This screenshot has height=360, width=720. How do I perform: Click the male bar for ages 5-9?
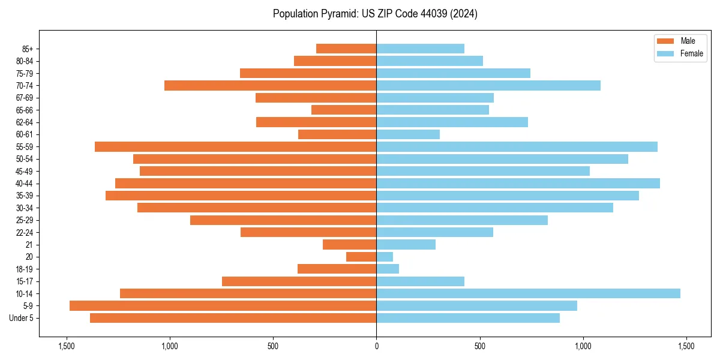tap(223, 306)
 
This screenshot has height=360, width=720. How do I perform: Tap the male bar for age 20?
tap(361, 257)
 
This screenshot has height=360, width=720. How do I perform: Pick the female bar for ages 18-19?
tap(388, 269)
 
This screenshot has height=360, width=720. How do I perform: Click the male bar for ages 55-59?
tap(235, 146)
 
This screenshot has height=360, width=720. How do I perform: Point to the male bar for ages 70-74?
tap(270, 85)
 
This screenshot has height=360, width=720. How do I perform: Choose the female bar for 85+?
tap(420, 49)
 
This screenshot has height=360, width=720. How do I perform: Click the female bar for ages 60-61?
tap(408, 134)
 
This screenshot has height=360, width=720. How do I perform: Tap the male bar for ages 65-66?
tap(344, 110)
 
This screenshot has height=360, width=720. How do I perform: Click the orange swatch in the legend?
tap(666, 41)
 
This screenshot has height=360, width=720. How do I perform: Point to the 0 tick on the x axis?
tap(376, 346)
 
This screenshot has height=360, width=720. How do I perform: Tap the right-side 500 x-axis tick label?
tap(479, 346)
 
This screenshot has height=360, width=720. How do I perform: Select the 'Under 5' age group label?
tap(21, 318)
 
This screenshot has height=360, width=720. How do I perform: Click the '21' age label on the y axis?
tap(29, 245)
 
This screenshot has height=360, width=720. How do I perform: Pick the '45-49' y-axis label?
tap(25, 171)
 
